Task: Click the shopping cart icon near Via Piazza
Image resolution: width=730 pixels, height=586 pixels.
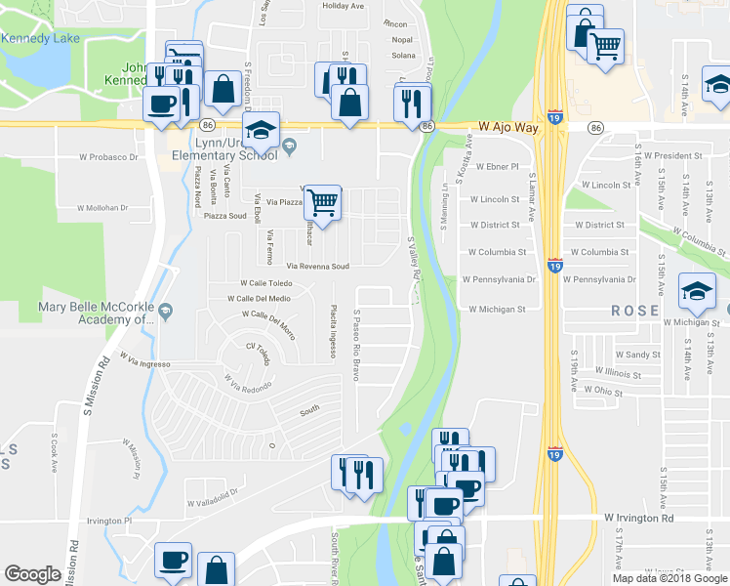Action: [x=322, y=203]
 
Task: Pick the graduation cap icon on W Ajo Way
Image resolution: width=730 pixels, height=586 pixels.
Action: [x=262, y=130]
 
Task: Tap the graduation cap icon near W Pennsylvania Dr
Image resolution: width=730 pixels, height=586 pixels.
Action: [x=697, y=290]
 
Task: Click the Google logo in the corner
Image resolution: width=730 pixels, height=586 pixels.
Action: [x=33, y=573]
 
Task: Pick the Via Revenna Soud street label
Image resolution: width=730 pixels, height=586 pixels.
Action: [x=317, y=266]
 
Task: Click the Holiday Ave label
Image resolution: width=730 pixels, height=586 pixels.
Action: [x=343, y=6]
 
